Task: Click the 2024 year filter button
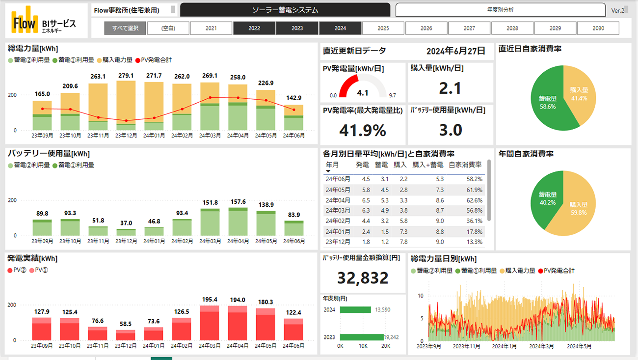340,28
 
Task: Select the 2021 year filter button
211,28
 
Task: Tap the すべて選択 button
125,28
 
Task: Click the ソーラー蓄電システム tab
285,10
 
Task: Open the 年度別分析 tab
500,10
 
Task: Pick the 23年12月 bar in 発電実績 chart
126,335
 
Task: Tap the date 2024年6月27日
455,51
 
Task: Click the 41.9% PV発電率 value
363,130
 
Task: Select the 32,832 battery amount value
363,278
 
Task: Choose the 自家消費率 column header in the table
465,165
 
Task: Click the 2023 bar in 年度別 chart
361,337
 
